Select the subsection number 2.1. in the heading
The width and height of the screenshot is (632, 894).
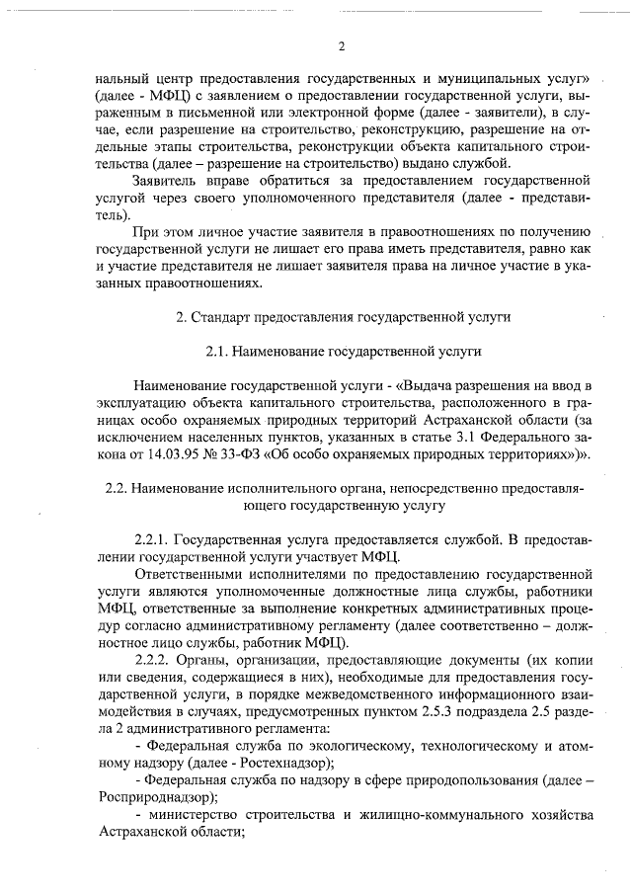pyautogui.click(x=221, y=351)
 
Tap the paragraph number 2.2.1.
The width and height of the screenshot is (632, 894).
pyautogui.click(x=152, y=539)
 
